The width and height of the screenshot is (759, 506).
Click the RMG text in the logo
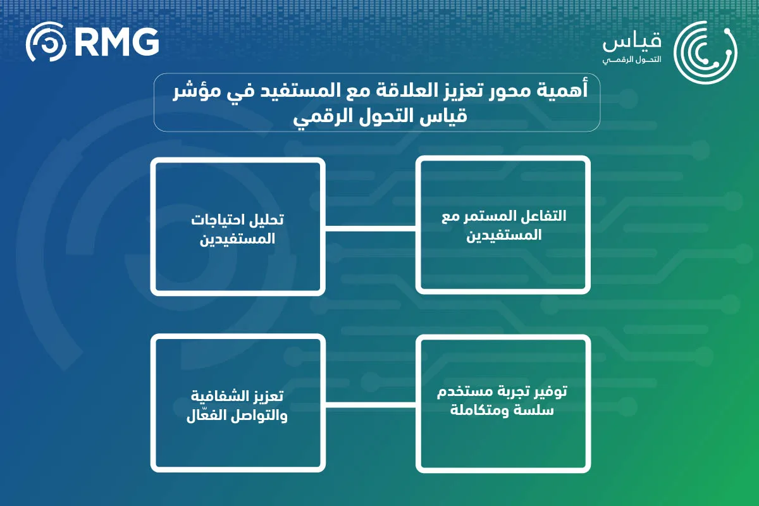[116, 42]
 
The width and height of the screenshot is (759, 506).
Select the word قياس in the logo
[632, 43]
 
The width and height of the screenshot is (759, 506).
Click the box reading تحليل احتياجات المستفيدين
[238, 226]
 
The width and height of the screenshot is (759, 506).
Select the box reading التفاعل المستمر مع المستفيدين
[503, 225]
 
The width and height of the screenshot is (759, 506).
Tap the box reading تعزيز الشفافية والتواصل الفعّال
[238, 405]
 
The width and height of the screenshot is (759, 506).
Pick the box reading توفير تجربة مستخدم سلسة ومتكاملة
[503, 402]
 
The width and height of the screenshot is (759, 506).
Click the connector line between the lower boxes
[371, 404]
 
